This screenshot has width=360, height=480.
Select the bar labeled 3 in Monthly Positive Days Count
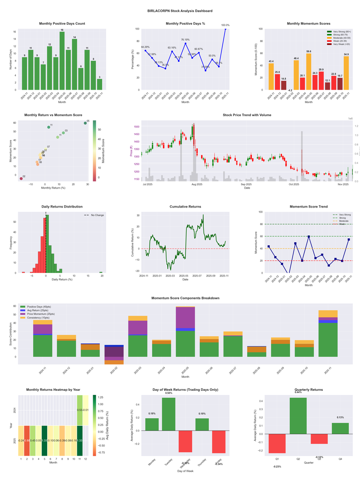tap(99, 84)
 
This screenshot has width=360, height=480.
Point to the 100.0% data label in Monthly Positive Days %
tap(225, 25)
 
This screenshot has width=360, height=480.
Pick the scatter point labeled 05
tap(85, 123)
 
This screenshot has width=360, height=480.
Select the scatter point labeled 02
tap(21, 179)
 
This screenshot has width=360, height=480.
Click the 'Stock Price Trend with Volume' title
tap(247, 115)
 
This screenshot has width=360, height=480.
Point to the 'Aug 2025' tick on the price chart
tap(197, 185)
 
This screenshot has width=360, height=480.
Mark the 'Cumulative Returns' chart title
tap(185, 207)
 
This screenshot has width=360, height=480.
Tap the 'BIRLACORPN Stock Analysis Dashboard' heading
tap(180, 11)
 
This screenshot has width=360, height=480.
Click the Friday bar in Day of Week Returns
tap(219, 442)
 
